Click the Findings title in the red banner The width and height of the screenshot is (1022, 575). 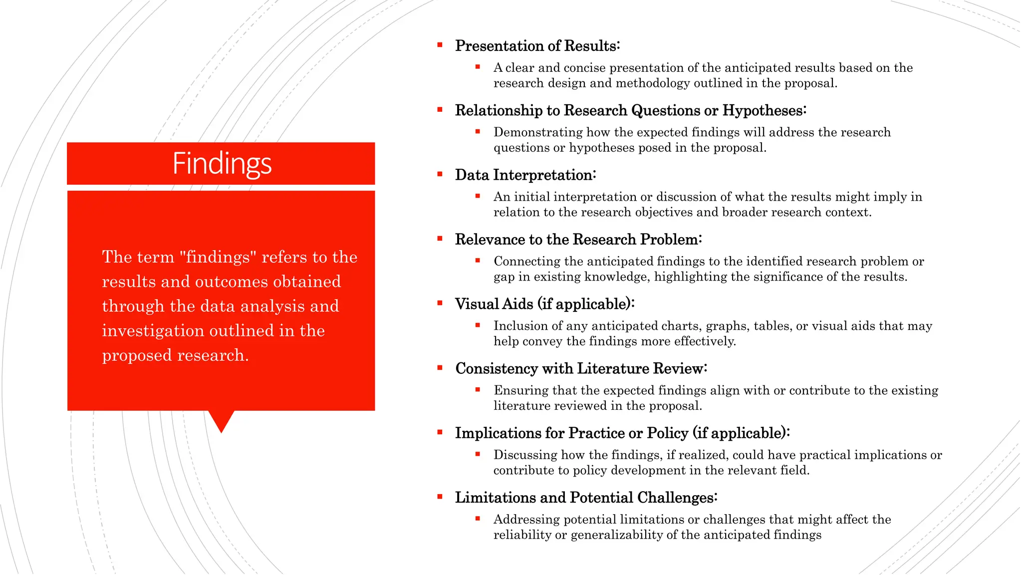(x=222, y=164)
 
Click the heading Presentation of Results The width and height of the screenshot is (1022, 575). (x=537, y=46)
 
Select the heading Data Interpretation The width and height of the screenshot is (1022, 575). (x=525, y=175)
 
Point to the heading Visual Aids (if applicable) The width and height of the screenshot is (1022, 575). (x=544, y=304)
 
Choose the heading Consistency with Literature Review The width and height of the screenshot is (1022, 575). (x=581, y=368)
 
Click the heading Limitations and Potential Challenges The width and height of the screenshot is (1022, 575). (x=586, y=498)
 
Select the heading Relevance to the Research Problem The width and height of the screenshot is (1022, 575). (x=578, y=240)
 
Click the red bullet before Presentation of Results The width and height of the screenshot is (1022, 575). (x=440, y=45)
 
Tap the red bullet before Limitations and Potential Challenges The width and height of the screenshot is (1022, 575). (x=440, y=497)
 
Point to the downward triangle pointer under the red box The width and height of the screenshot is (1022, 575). (x=221, y=421)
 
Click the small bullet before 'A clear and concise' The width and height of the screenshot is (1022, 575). (x=478, y=66)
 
